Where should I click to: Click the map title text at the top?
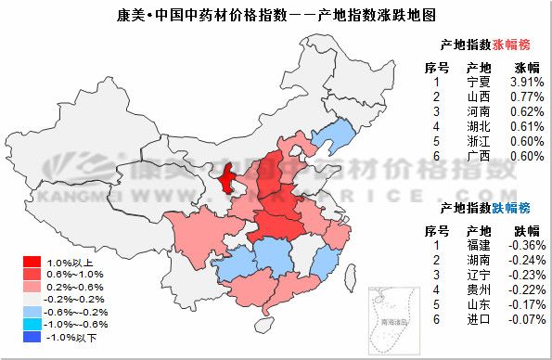276,16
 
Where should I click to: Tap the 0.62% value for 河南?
526,111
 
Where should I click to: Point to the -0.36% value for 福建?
525,245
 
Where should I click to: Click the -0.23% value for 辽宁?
525,275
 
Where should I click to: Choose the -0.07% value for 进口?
525,319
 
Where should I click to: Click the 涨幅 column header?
525,67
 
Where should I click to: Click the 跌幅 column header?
525,230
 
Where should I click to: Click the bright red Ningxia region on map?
226,176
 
